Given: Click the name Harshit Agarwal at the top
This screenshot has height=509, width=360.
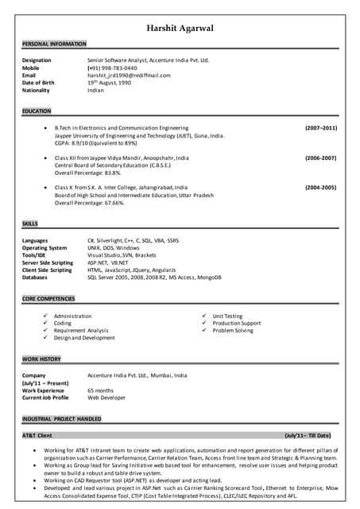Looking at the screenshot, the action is (x=180, y=29).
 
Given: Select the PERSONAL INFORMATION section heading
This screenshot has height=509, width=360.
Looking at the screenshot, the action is (x=54, y=44).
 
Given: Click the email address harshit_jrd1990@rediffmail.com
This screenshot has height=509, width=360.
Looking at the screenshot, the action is (x=129, y=75).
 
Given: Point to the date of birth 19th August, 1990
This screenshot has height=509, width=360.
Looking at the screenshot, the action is (x=114, y=83).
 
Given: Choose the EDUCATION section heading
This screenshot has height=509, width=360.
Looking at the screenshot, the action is (x=37, y=111).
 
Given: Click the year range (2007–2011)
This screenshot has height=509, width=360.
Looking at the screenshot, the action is (x=321, y=128).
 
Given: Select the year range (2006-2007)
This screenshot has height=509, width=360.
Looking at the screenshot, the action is (x=321, y=158).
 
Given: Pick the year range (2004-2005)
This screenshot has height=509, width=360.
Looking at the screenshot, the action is (x=321, y=188).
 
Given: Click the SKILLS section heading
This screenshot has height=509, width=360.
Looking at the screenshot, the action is (x=30, y=224).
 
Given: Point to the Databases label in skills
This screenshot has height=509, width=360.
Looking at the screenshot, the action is (x=35, y=278).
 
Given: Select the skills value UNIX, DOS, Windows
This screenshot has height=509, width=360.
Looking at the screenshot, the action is (x=114, y=247).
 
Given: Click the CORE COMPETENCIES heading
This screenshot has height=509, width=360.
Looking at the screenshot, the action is (x=48, y=298).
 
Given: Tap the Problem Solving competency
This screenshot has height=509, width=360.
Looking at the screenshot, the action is (x=233, y=330).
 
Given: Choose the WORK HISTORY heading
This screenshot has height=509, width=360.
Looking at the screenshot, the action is (x=41, y=359).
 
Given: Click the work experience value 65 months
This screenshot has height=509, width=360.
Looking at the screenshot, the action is (x=100, y=390).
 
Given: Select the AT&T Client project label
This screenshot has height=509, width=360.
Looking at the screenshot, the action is (x=37, y=436).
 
